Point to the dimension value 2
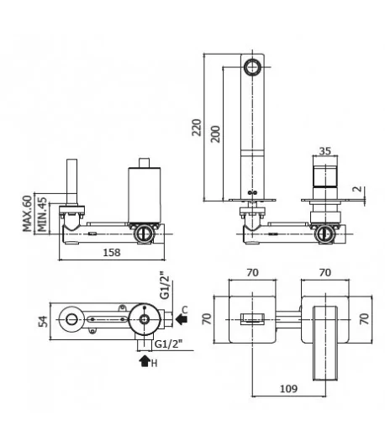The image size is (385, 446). [357, 190]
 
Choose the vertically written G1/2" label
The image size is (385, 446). [164, 287]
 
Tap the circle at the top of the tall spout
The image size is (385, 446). [252, 66]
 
